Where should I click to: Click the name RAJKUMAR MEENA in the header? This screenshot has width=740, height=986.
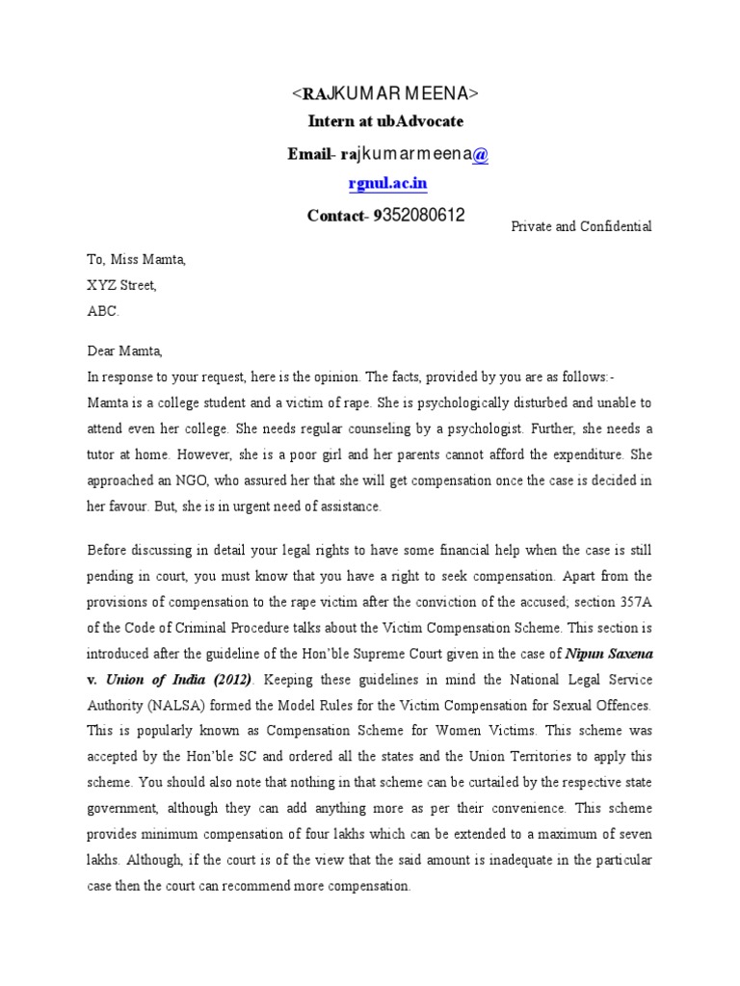click(x=384, y=93)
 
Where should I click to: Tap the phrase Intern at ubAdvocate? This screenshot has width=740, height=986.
click(x=385, y=121)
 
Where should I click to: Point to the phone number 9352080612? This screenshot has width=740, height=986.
click(x=417, y=216)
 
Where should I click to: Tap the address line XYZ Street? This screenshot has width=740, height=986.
click(x=121, y=286)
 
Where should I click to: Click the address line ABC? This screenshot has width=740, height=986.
click(x=104, y=312)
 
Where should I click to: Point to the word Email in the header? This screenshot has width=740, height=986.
click(x=307, y=154)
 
